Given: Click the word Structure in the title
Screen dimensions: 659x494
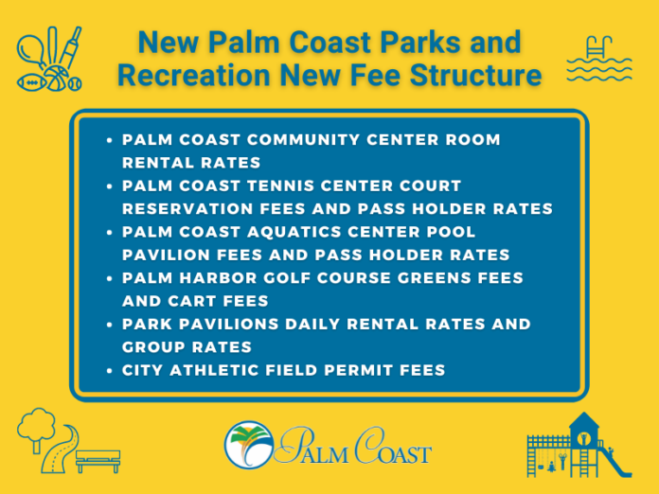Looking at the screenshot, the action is [475, 75].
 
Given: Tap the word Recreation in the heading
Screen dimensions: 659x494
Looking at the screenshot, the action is [194, 75].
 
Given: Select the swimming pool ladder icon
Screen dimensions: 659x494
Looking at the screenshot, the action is [599, 48].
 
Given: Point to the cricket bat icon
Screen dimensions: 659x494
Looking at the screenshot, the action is [70, 47].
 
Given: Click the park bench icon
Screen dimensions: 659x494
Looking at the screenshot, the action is [98, 461].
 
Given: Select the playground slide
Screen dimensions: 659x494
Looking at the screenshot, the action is [616, 461].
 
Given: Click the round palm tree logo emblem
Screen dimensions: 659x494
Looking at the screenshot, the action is [249, 446].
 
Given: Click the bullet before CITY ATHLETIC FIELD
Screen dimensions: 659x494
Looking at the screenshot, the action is [109, 371].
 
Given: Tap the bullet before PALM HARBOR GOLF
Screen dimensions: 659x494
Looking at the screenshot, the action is [109, 278].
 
